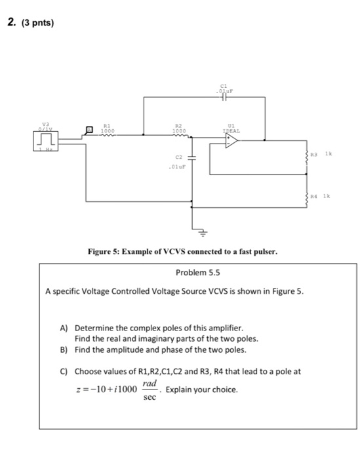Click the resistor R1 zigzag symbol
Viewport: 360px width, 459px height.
tap(106, 136)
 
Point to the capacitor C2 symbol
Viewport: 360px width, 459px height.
tap(191, 158)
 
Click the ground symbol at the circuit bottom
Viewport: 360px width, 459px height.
tap(202, 231)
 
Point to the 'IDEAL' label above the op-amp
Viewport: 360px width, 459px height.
tap(230, 130)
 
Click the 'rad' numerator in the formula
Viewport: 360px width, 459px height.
tap(151, 384)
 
